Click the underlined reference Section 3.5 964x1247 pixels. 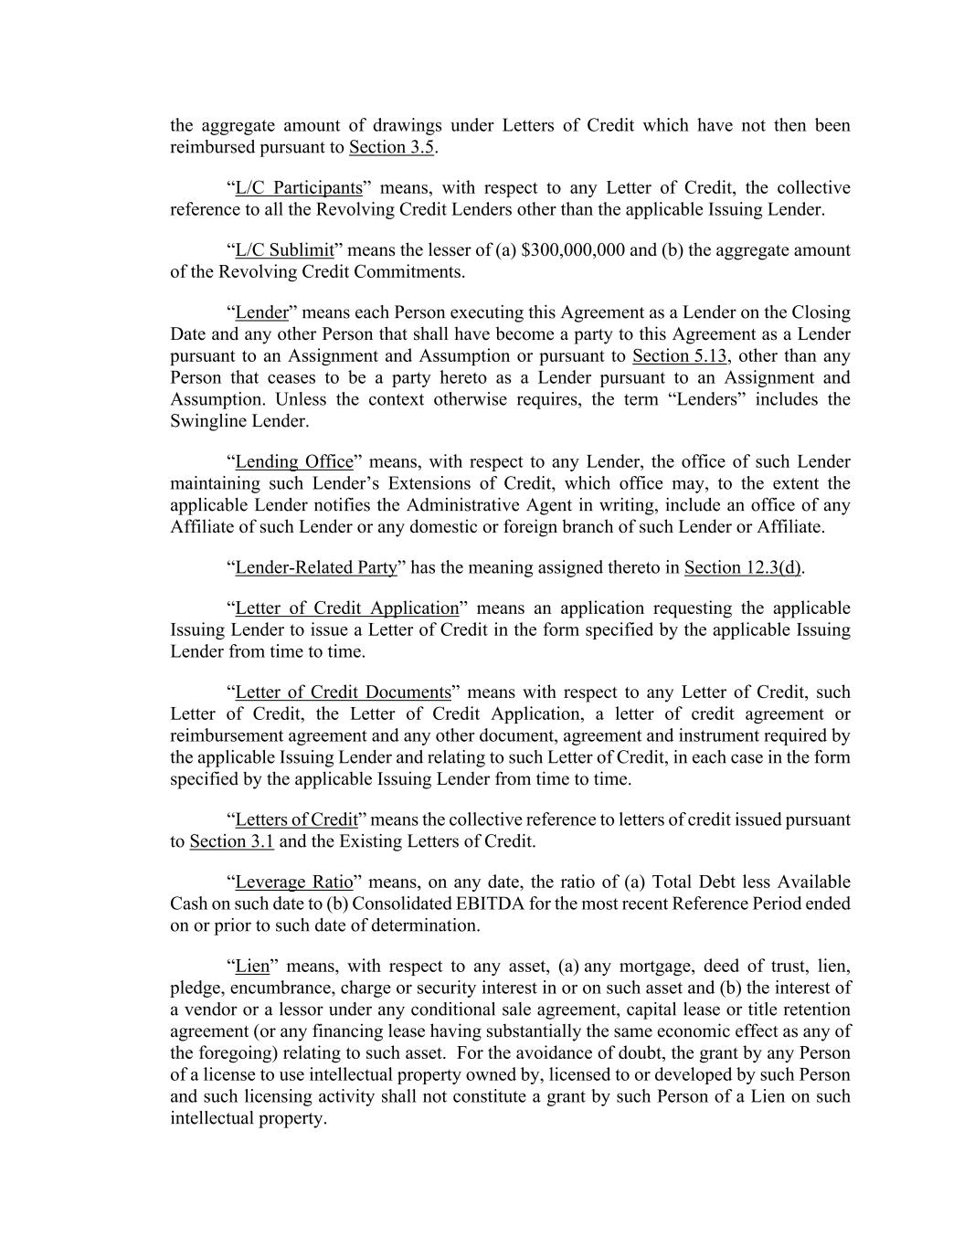(x=391, y=147)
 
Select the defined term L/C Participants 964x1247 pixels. (x=299, y=188)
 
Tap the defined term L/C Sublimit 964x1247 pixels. (x=284, y=250)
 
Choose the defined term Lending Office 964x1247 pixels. (x=294, y=462)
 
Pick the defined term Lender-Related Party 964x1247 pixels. (x=316, y=568)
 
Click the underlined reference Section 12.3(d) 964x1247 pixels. (x=743, y=568)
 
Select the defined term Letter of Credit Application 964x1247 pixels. (x=347, y=608)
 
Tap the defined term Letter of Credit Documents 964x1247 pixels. (x=344, y=692)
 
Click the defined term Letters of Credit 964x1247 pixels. (x=296, y=820)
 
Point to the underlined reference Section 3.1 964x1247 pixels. (x=231, y=842)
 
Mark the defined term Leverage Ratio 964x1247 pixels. (x=294, y=882)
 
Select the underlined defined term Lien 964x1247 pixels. (x=252, y=967)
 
